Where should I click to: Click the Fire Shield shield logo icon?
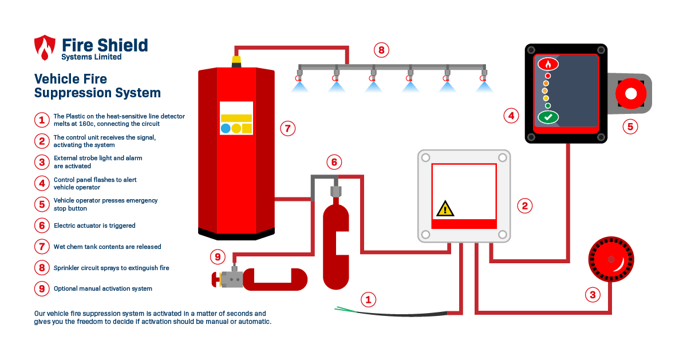click(45, 48)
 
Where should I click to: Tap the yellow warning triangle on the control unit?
click(445, 208)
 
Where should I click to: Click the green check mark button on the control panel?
click(548, 117)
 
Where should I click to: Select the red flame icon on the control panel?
click(548, 64)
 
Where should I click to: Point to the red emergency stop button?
click(630, 93)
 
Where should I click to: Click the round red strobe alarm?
click(611, 260)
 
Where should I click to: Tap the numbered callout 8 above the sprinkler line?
click(381, 50)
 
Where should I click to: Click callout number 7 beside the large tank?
click(288, 128)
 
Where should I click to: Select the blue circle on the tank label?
click(226, 128)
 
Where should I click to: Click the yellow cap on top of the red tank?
click(236, 60)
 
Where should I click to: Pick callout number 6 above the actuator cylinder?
click(334, 162)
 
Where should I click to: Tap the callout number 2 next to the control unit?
click(524, 205)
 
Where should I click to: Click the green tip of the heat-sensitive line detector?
click(342, 310)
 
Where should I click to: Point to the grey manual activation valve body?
click(232, 279)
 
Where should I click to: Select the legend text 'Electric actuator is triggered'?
click(94, 226)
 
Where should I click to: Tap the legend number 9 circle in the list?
click(41, 288)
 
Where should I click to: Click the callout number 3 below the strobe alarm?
click(593, 295)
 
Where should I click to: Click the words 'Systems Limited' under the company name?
click(92, 57)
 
